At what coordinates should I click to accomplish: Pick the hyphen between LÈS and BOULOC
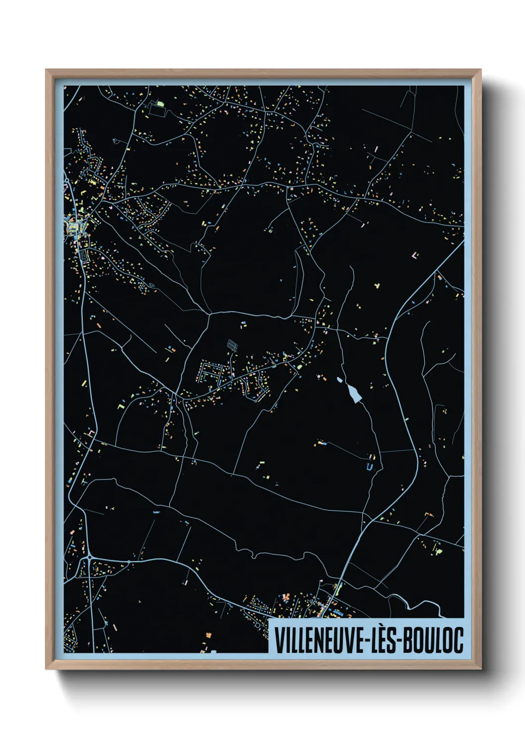pos(398,641)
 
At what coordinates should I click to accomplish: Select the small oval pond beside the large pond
pos(340,380)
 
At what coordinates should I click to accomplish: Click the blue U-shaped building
pos(368,466)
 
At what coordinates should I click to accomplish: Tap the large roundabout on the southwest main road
pos(89,557)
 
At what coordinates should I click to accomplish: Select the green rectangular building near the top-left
pos(160,104)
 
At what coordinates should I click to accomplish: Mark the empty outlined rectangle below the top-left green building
pos(156,112)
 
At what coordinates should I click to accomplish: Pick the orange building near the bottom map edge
pos(208,634)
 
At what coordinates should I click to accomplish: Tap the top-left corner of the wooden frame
pos(47,70)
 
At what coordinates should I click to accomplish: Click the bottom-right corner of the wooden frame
pos(480,668)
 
